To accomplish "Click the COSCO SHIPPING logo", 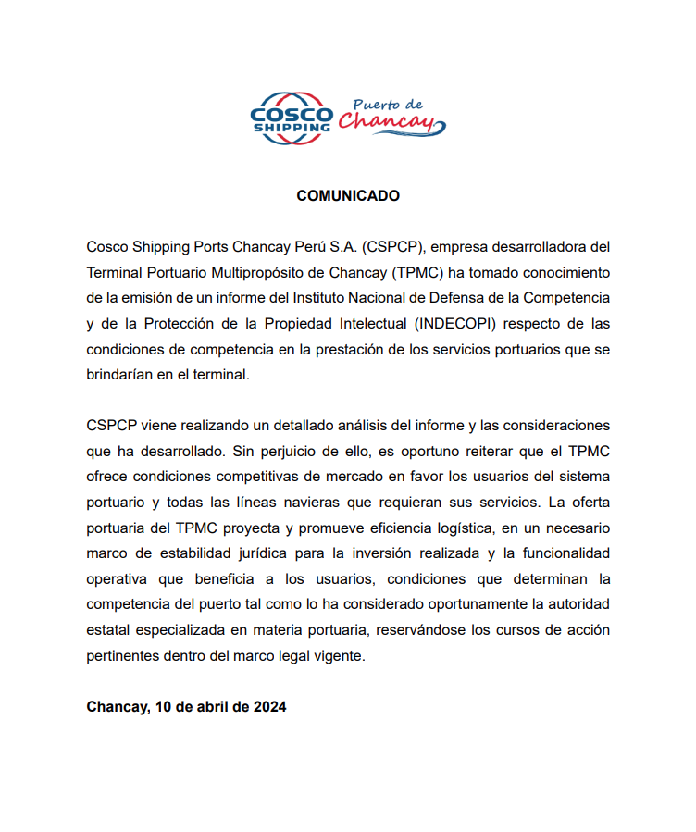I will coord(292,118).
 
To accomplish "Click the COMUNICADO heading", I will coord(348,196).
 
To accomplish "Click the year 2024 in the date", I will coord(268,706).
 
